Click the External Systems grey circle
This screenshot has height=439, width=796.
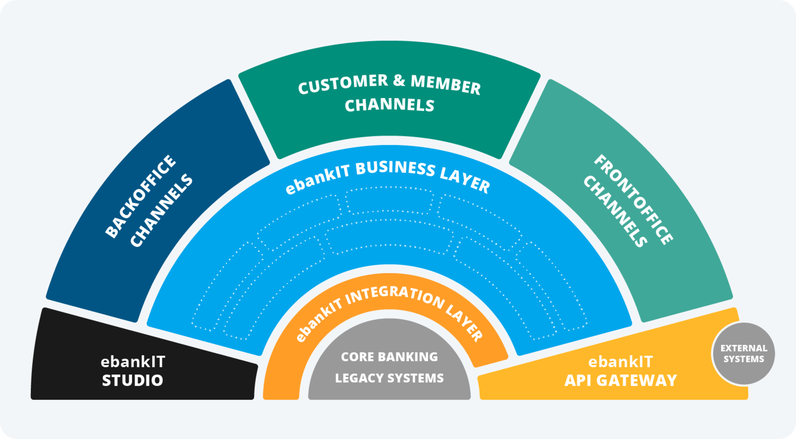coord(743,354)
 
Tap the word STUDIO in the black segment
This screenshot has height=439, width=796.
coord(132,381)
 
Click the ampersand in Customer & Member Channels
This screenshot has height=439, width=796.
coord(399,80)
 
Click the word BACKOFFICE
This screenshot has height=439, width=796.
coord(140,196)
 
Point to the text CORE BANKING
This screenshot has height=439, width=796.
coord(389,357)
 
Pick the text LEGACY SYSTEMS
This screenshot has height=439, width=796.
coord(389,378)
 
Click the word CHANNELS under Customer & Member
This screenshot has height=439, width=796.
coord(390,105)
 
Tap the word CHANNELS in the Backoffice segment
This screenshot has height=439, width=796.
coord(161,211)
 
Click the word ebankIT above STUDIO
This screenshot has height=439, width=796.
coord(133,362)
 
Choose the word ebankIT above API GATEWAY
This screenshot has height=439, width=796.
coord(620,362)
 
